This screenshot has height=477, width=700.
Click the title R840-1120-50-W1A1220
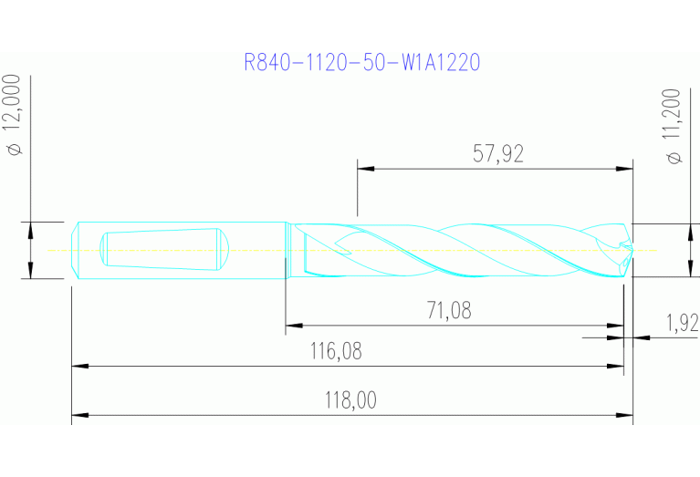point(362,62)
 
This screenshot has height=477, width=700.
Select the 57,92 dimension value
point(498,153)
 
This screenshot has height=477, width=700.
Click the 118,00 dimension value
point(352,400)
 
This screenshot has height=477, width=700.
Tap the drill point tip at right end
point(631,249)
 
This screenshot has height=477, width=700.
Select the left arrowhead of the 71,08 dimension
point(293,325)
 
